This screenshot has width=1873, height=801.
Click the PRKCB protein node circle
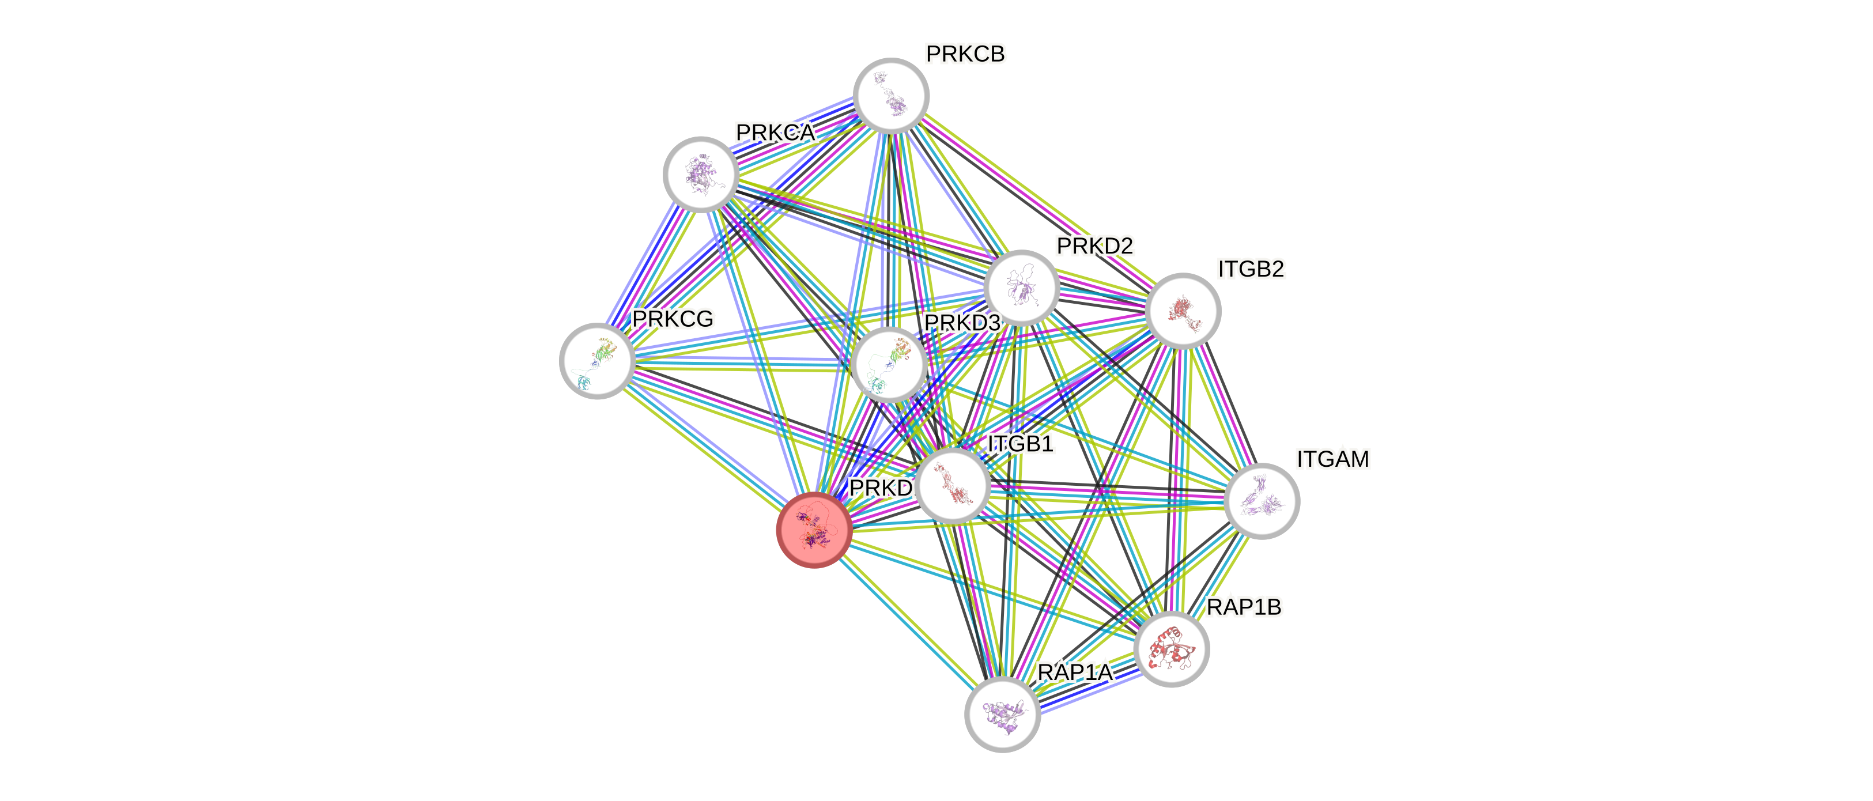pos(891,96)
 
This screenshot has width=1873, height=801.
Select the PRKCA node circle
pos(701,175)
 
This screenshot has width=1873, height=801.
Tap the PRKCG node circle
pos(597,361)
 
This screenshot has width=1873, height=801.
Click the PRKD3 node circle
pos(889,364)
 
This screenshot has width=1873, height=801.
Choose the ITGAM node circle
pos(1262,501)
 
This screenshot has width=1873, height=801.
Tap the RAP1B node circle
pos(1172,649)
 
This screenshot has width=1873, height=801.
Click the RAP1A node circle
pos(1002,714)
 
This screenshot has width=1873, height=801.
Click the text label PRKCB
pos(965,54)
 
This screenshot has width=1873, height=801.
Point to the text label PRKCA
pos(775,133)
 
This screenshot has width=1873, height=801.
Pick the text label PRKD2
pos(1094,247)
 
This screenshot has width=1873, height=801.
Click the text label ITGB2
pos(1251,269)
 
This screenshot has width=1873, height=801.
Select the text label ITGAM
pos(1333,459)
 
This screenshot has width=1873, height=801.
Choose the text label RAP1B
pos(1244,607)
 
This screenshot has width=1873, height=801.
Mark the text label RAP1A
pos(1075,672)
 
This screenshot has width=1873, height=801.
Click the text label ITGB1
pos(1020,443)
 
